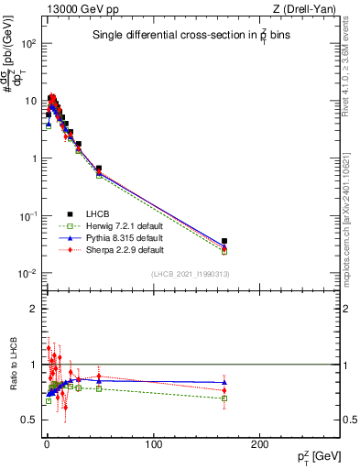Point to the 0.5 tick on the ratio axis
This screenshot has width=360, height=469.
28,420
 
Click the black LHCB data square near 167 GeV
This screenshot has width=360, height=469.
224,241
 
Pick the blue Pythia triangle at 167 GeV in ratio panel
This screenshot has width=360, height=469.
224,382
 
